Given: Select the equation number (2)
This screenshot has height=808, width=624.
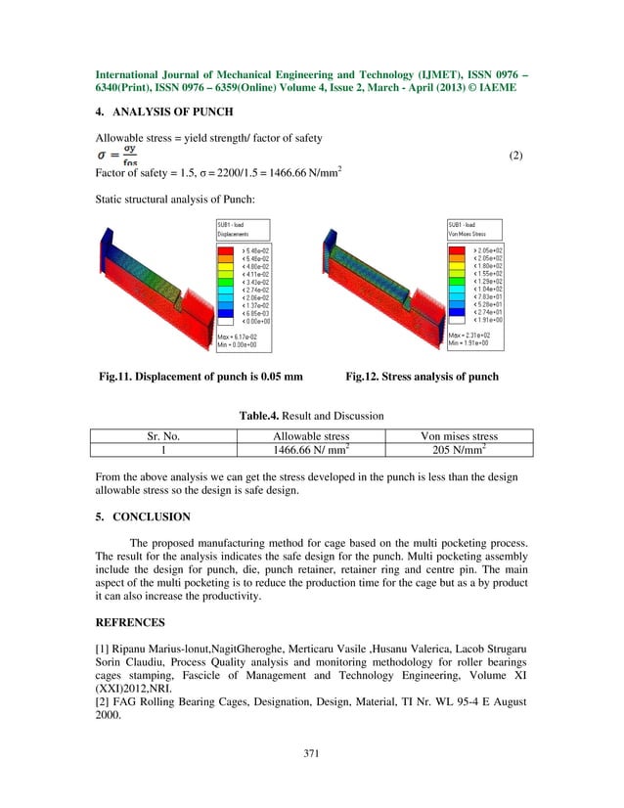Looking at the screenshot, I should point(517,157).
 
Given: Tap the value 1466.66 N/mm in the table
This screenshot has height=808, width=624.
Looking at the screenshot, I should point(310,450).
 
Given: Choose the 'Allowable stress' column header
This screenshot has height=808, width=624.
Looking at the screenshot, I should point(310,436).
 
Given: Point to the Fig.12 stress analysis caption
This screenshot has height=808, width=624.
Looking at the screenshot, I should point(423,377).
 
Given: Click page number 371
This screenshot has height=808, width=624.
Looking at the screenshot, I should point(311,753).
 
